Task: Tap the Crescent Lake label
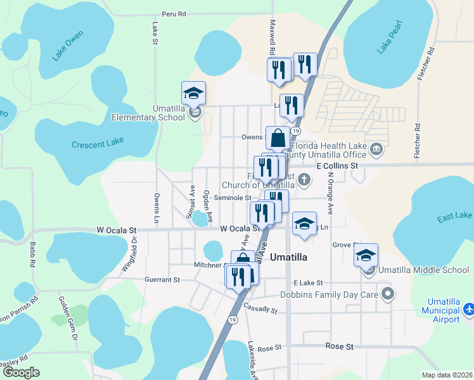98,143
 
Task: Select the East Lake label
454,217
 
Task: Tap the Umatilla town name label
288,257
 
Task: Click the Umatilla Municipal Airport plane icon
468,310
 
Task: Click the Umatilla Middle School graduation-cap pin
366,255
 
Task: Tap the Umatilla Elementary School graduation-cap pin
193,94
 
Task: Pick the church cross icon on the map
305,179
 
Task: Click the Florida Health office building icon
376,149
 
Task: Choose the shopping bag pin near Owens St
278,137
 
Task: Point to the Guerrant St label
163,279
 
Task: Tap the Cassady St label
260,309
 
